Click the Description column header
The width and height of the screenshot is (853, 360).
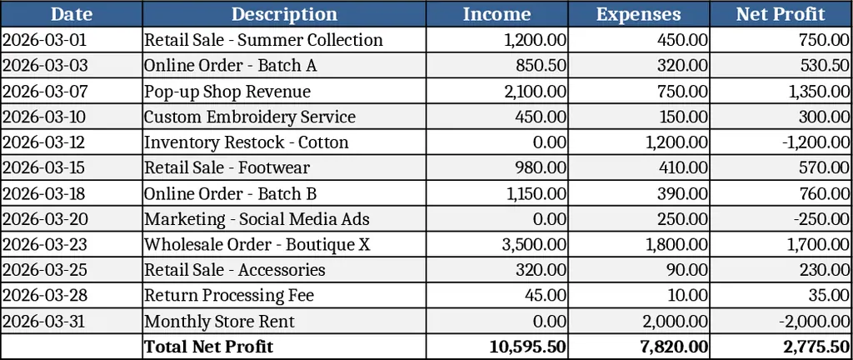coord(284,14)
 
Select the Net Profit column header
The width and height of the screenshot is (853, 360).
coord(781,14)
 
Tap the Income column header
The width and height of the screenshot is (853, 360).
coord(496,14)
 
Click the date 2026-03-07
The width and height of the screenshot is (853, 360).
coord(44,92)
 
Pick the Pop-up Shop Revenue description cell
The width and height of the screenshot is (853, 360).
coord(227,92)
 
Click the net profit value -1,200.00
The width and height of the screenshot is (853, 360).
coord(816,142)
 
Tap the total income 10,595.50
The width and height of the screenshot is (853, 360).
coord(528,347)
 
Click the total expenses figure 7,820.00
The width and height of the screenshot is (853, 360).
coord(674,347)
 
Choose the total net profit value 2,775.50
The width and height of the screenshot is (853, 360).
coord(816,347)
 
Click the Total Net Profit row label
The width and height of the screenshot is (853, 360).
coord(208,347)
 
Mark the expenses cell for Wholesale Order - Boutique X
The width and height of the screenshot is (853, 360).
coord(677,245)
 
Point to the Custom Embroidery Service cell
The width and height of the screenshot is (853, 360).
coord(250,117)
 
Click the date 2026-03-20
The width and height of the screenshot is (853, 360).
coord(44,219)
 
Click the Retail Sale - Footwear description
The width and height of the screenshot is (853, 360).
coord(227,168)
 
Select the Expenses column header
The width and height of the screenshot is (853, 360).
coord(638,14)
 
